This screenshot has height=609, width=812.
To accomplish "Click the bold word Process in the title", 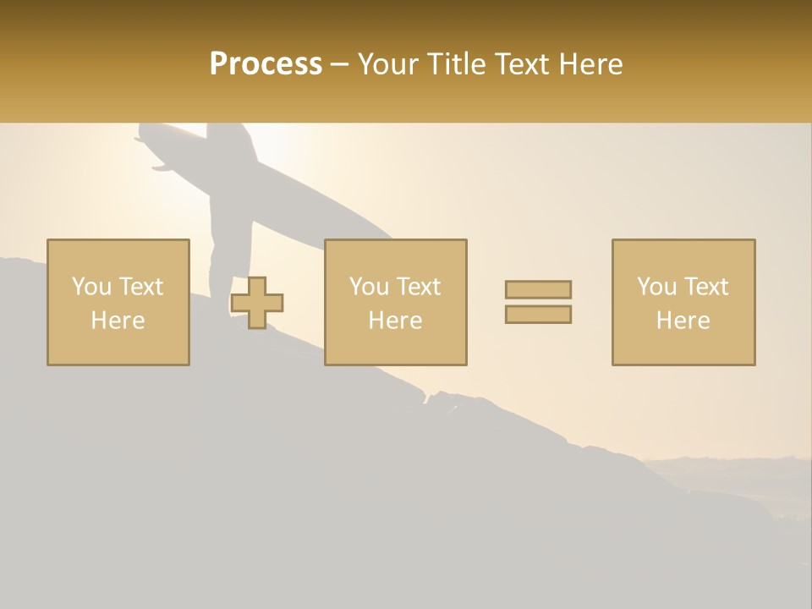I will (266, 64).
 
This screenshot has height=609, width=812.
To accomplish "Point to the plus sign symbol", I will (257, 303).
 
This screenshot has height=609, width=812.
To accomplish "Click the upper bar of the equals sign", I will (538, 290).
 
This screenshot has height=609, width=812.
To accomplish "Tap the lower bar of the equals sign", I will (538, 315).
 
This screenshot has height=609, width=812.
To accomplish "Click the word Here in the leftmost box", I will (118, 321).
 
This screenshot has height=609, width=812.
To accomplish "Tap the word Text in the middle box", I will (418, 287).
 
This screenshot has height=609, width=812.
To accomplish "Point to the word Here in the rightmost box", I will (683, 321).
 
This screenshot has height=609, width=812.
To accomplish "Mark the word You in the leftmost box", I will (91, 287).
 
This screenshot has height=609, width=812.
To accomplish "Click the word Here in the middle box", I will (395, 321).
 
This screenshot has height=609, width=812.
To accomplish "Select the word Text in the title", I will (521, 64).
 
